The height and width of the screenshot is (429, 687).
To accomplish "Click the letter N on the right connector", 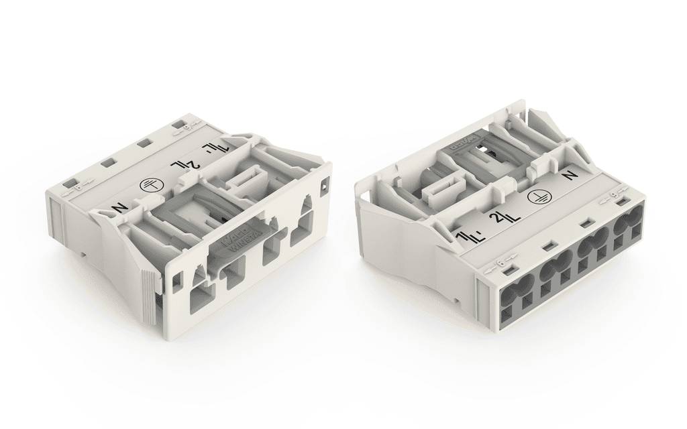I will pyautogui.click(x=571, y=176).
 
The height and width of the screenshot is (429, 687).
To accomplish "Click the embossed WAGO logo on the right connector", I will pyautogui.click(x=466, y=143).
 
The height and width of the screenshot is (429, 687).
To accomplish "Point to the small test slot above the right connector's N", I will pyautogui.click(x=621, y=202).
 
